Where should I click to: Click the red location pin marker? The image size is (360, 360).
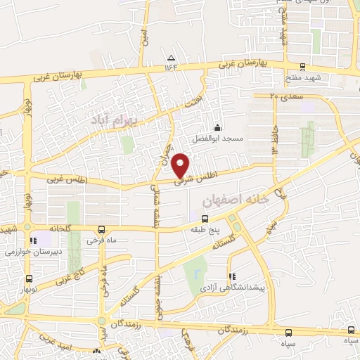click(181, 165)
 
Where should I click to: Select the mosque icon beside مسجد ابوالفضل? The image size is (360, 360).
click(217, 127)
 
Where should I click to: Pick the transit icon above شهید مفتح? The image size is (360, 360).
click(302, 67)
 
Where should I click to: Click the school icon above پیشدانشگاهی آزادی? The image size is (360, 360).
click(232, 277)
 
